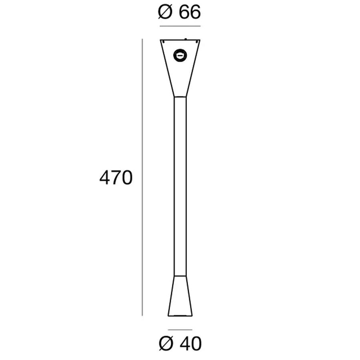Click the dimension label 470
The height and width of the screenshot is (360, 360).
[116, 178]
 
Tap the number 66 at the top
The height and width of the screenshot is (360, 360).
[190, 12]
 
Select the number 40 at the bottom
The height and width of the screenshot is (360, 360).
[190, 344]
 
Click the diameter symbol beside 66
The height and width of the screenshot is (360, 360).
[165, 12]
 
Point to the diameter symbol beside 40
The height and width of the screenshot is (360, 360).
[166, 344]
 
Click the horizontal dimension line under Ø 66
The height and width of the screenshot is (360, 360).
[180, 26]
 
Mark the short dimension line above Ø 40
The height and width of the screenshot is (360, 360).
[180, 330]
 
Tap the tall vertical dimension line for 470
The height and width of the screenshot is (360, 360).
[142, 177]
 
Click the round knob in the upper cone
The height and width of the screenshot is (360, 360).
[180, 56]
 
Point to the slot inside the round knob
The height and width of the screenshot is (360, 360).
[180, 56]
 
